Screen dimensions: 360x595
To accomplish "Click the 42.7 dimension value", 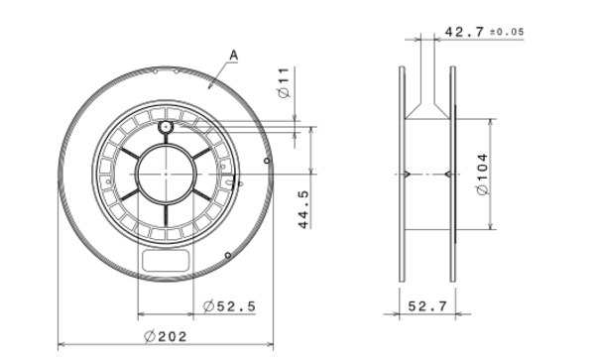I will pyautogui.click(x=466, y=32).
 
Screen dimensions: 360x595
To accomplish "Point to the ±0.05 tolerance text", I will pyautogui.click(x=506, y=33).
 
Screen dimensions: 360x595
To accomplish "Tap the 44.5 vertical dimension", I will pyautogui.click(x=304, y=209).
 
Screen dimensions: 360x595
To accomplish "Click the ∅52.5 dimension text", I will pyautogui.click(x=229, y=306).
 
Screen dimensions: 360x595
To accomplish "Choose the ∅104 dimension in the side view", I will pyautogui.click(x=482, y=175).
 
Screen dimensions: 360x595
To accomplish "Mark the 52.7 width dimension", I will pyautogui.click(x=426, y=306).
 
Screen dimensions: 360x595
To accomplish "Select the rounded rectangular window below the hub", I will pyautogui.click(x=166, y=261).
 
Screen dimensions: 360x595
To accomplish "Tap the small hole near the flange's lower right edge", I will pyautogui.click(x=228, y=256).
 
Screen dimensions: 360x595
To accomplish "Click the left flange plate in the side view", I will pyautogui.click(x=402, y=175).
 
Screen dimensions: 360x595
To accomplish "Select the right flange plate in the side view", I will pyautogui.click(x=452, y=175).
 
